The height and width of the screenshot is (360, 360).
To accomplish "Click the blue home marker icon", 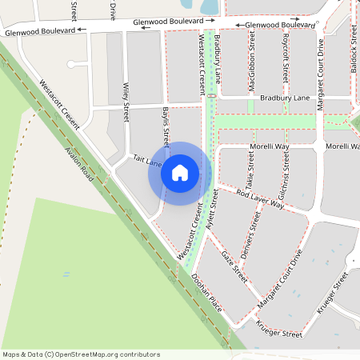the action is point(180,173).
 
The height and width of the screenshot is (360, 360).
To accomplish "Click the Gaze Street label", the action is point(234,264).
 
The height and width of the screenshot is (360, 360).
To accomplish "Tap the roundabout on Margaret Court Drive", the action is point(319,146).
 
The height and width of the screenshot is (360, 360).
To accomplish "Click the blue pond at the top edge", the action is point(210,6).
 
